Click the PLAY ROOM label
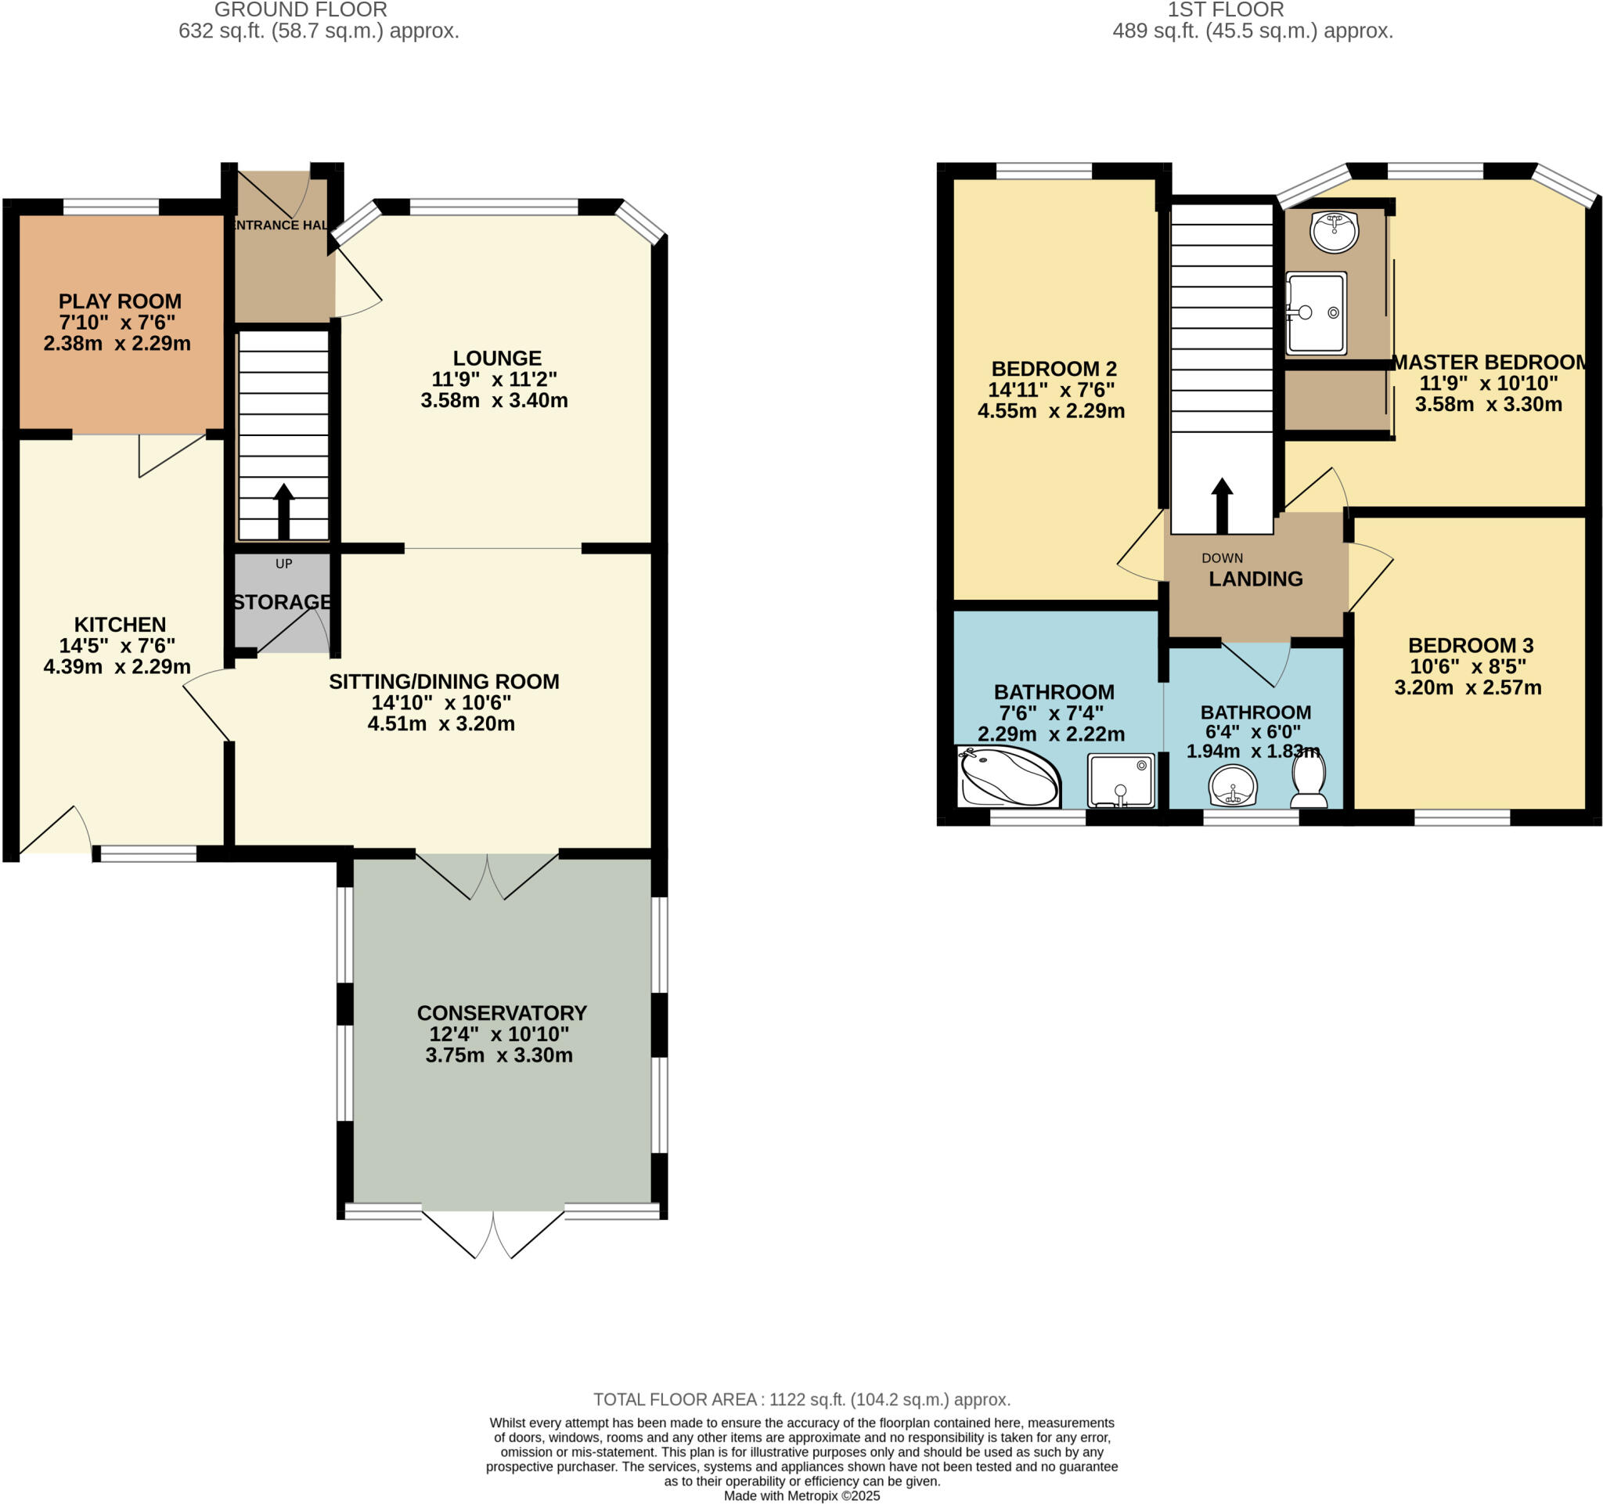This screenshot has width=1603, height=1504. click(x=119, y=301)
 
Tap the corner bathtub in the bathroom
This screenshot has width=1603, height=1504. click(x=1009, y=777)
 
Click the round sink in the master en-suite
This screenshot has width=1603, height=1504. click(x=1335, y=231)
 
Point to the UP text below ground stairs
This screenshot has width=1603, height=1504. click(x=284, y=564)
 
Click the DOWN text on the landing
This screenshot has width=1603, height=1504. click(x=1222, y=558)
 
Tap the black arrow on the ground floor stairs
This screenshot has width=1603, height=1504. click(x=284, y=511)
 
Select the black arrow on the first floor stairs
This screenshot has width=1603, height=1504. click(x=1222, y=505)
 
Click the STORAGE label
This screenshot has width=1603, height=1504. click(x=283, y=601)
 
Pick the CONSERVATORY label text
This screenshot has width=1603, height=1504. click(x=502, y=1013)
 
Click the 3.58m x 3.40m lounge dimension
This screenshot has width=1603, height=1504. click(x=495, y=400)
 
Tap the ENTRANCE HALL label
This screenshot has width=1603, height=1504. click(x=279, y=225)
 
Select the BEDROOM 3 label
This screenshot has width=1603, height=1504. click(x=1470, y=645)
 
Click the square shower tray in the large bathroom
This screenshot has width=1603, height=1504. click(x=1121, y=780)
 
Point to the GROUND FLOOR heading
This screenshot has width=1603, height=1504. click(x=301, y=10)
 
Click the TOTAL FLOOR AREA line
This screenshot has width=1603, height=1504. click(x=801, y=1399)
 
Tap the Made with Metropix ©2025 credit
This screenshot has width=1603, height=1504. click(x=801, y=1496)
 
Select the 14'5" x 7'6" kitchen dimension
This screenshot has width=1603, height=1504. click(x=117, y=645)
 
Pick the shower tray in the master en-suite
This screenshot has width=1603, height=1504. click(x=1316, y=313)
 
